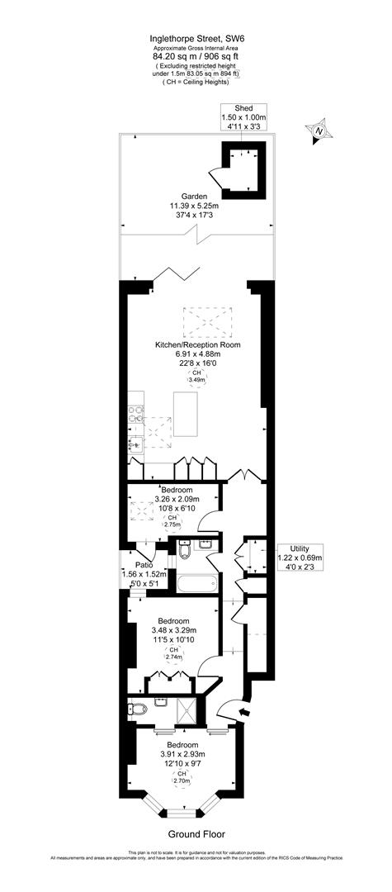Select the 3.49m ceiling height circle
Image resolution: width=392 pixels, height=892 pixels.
point(196,379)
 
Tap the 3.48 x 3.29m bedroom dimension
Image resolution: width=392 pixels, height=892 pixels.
point(173,631)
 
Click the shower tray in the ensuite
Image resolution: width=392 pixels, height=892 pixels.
point(188,708)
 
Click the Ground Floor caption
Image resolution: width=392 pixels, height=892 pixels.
point(196,834)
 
